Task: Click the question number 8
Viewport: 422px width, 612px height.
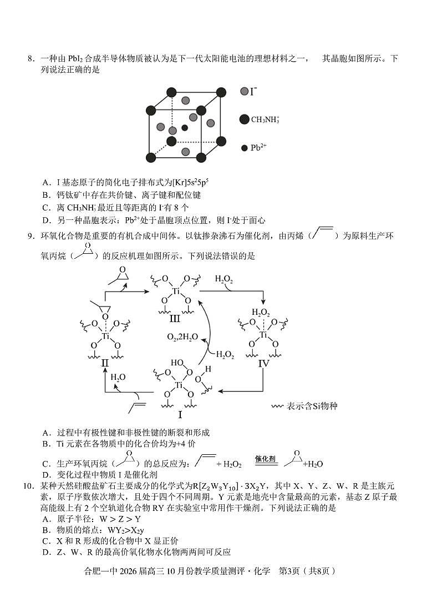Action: tap(30, 58)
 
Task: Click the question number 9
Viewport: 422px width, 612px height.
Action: tap(30, 237)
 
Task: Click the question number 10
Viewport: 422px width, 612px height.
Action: tap(28, 486)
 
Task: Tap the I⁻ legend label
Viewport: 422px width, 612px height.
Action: tap(253, 91)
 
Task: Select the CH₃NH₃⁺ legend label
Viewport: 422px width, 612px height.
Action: tap(265, 119)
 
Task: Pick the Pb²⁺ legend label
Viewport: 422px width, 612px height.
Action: tap(258, 148)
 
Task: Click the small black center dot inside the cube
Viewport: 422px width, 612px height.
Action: tap(185, 128)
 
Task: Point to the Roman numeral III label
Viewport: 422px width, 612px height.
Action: tap(175, 318)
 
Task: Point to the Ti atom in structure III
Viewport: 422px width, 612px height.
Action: tap(176, 291)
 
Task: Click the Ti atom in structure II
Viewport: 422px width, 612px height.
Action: tap(105, 336)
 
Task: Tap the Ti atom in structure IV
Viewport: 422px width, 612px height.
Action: tap(264, 335)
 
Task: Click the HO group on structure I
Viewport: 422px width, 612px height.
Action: tap(176, 363)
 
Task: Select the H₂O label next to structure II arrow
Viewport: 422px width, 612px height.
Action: tap(118, 377)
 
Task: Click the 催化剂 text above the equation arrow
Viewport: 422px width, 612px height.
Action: tap(265, 459)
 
